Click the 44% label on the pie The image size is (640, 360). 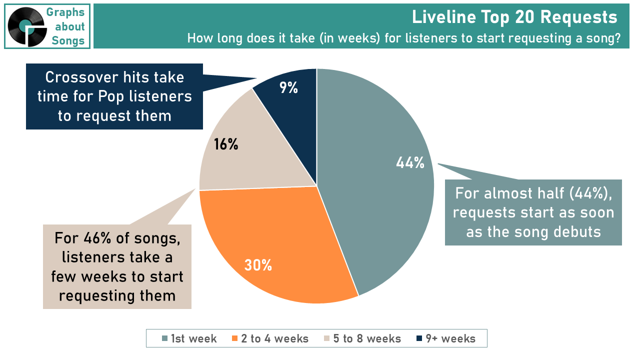(410, 163)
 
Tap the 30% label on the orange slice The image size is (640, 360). (258, 265)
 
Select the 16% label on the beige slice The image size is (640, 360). (225, 144)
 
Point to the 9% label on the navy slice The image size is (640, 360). (288, 87)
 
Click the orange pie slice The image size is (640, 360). (274, 243)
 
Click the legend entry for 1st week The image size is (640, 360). (189, 338)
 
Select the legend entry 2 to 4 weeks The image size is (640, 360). (270, 338)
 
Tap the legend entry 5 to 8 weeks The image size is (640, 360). (362, 338)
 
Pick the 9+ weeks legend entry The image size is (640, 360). (446, 338)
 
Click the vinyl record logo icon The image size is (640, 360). (27, 26)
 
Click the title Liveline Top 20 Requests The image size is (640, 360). (514, 17)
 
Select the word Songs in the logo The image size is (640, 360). (68, 40)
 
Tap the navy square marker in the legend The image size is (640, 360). (419, 338)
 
